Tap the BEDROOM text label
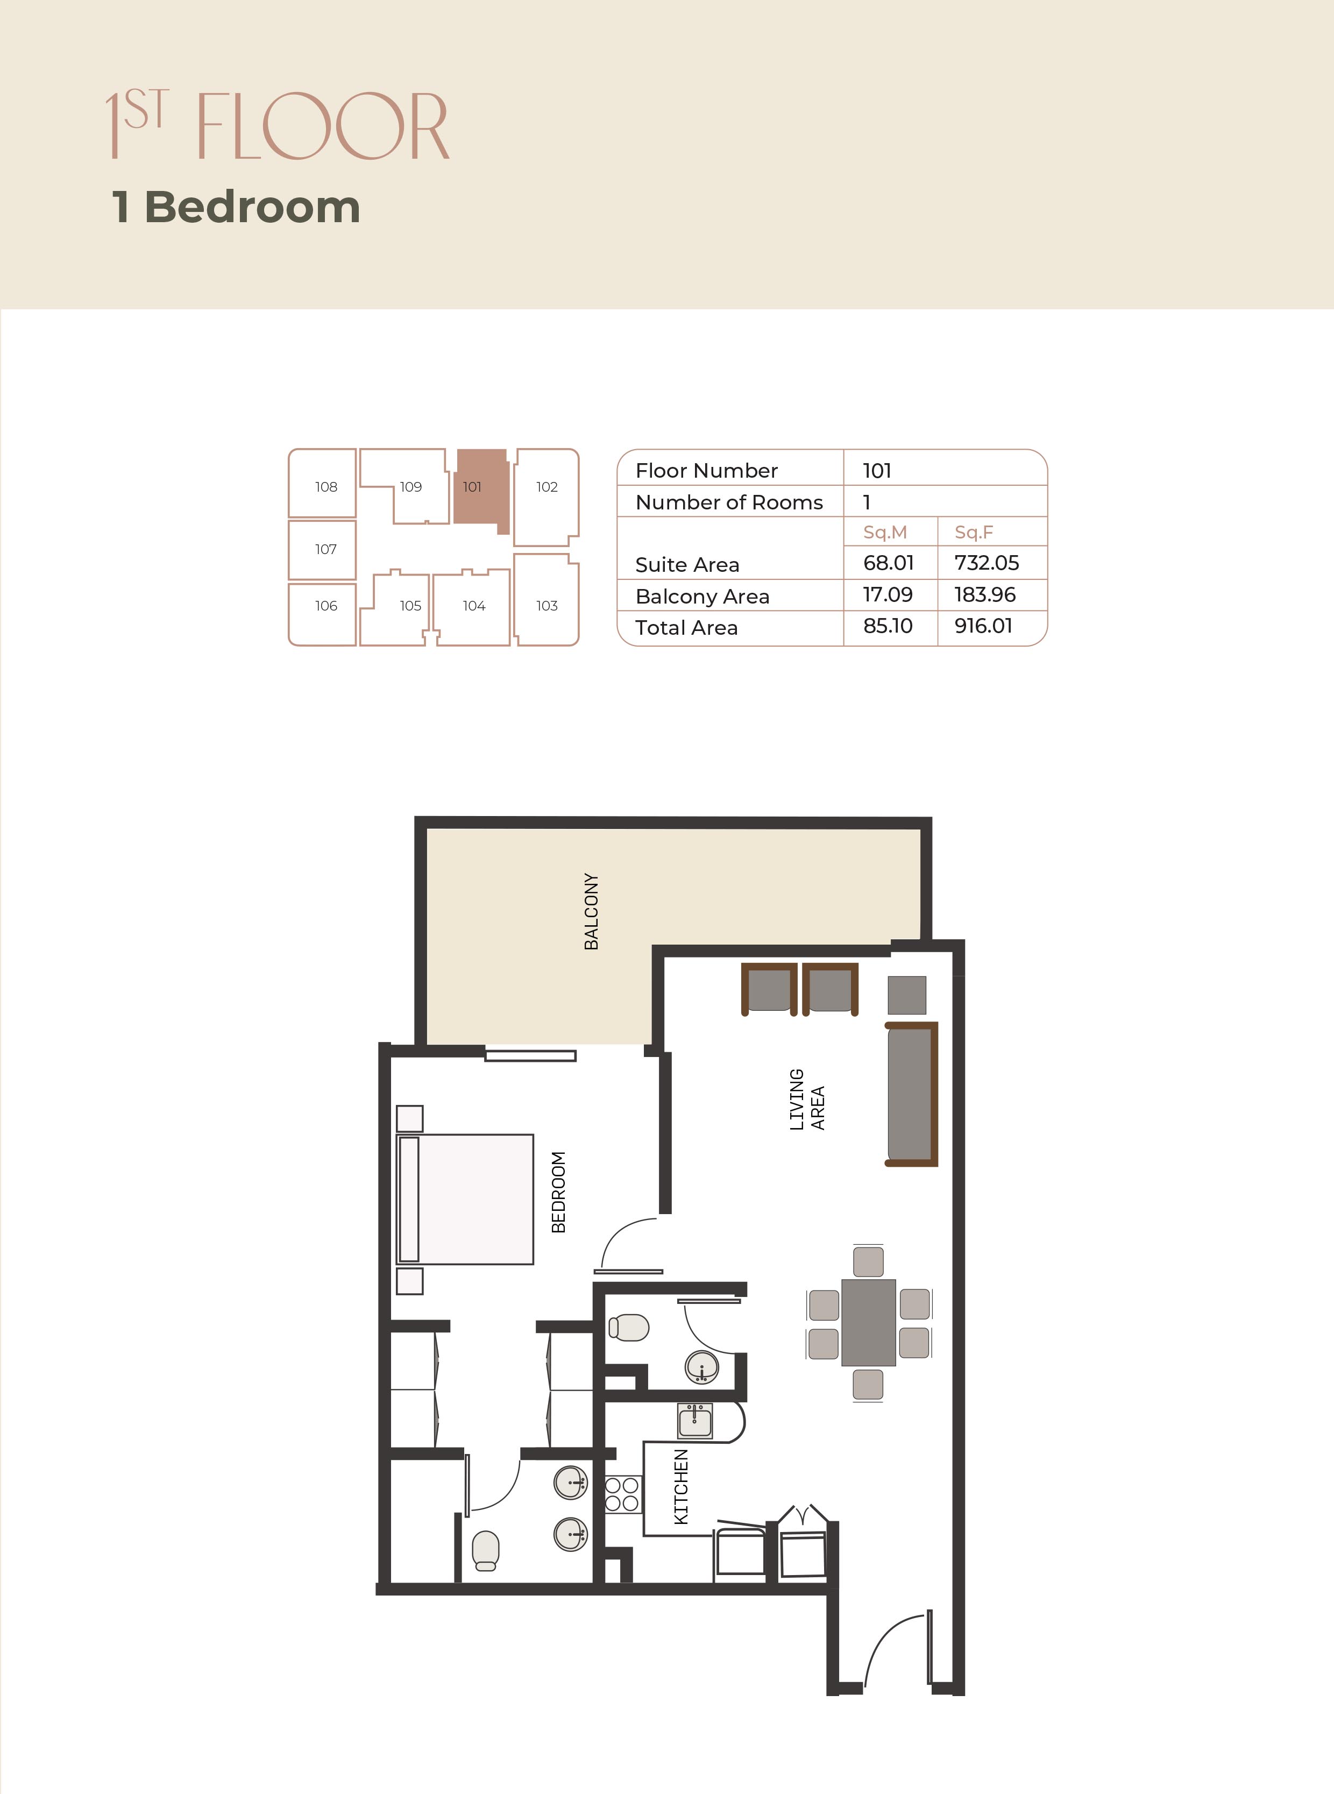(x=558, y=1192)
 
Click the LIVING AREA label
(x=807, y=1099)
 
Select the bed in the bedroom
(x=466, y=1199)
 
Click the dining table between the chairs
(x=868, y=1322)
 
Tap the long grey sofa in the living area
(x=911, y=1094)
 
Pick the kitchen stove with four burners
(x=622, y=1494)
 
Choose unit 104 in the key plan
(x=474, y=606)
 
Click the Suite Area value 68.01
(x=888, y=563)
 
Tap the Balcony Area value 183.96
(x=984, y=595)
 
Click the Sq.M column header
(x=885, y=532)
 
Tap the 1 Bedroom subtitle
(x=236, y=208)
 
